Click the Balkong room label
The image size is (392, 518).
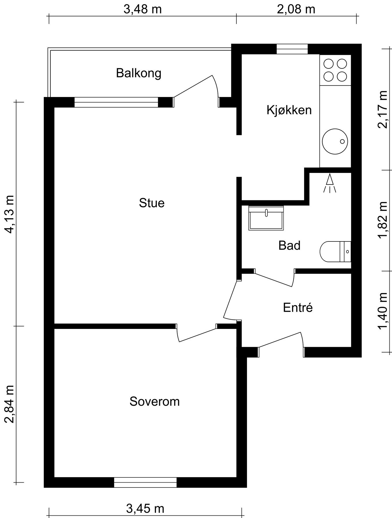[x=139, y=73]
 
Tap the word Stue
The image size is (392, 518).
[x=152, y=203]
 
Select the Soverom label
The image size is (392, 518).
[x=154, y=401]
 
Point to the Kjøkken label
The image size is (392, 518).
[x=289, y=110]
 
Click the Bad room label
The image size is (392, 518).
[x=289, y=245]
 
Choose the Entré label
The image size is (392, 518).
[x=298, y=307]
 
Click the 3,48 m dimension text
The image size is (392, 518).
[x=143, y=9]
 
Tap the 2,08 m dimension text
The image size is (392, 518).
[x=296, y=9]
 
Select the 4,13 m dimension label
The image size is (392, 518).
[x=10, y=214]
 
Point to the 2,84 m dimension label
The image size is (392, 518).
[x=10, y=404]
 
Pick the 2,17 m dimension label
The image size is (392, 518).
[x=383, y=109]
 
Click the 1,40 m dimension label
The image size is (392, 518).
[x=383, y=311]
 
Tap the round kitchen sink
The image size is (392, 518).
[x=335, y=141]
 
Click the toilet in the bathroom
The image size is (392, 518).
[x=336, y=252]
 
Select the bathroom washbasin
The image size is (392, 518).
[x=266, y=218]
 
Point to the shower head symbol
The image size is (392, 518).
[x=330, y=183]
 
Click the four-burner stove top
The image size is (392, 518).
[x=335, y=70]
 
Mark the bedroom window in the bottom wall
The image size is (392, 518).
[x=145, y=482]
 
